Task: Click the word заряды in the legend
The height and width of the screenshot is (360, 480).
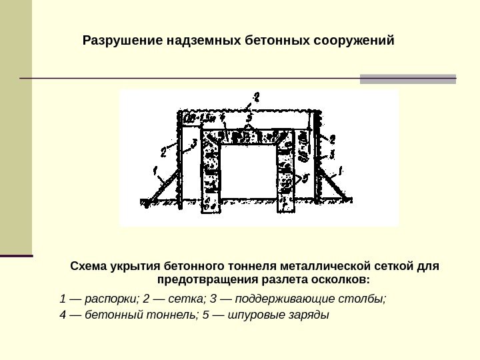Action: tap(309, 314)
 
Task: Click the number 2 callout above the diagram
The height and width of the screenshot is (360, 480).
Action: tap(255, 97)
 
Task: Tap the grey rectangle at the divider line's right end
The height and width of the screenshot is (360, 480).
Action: tap(408, 79)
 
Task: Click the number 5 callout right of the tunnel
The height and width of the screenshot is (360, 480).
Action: tap(306, 178)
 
